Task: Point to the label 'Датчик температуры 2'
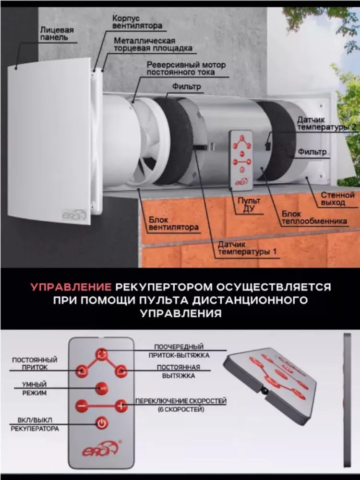[326, 123]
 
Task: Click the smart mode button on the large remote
[101, 388]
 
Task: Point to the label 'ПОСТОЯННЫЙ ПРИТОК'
[35, 363]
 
